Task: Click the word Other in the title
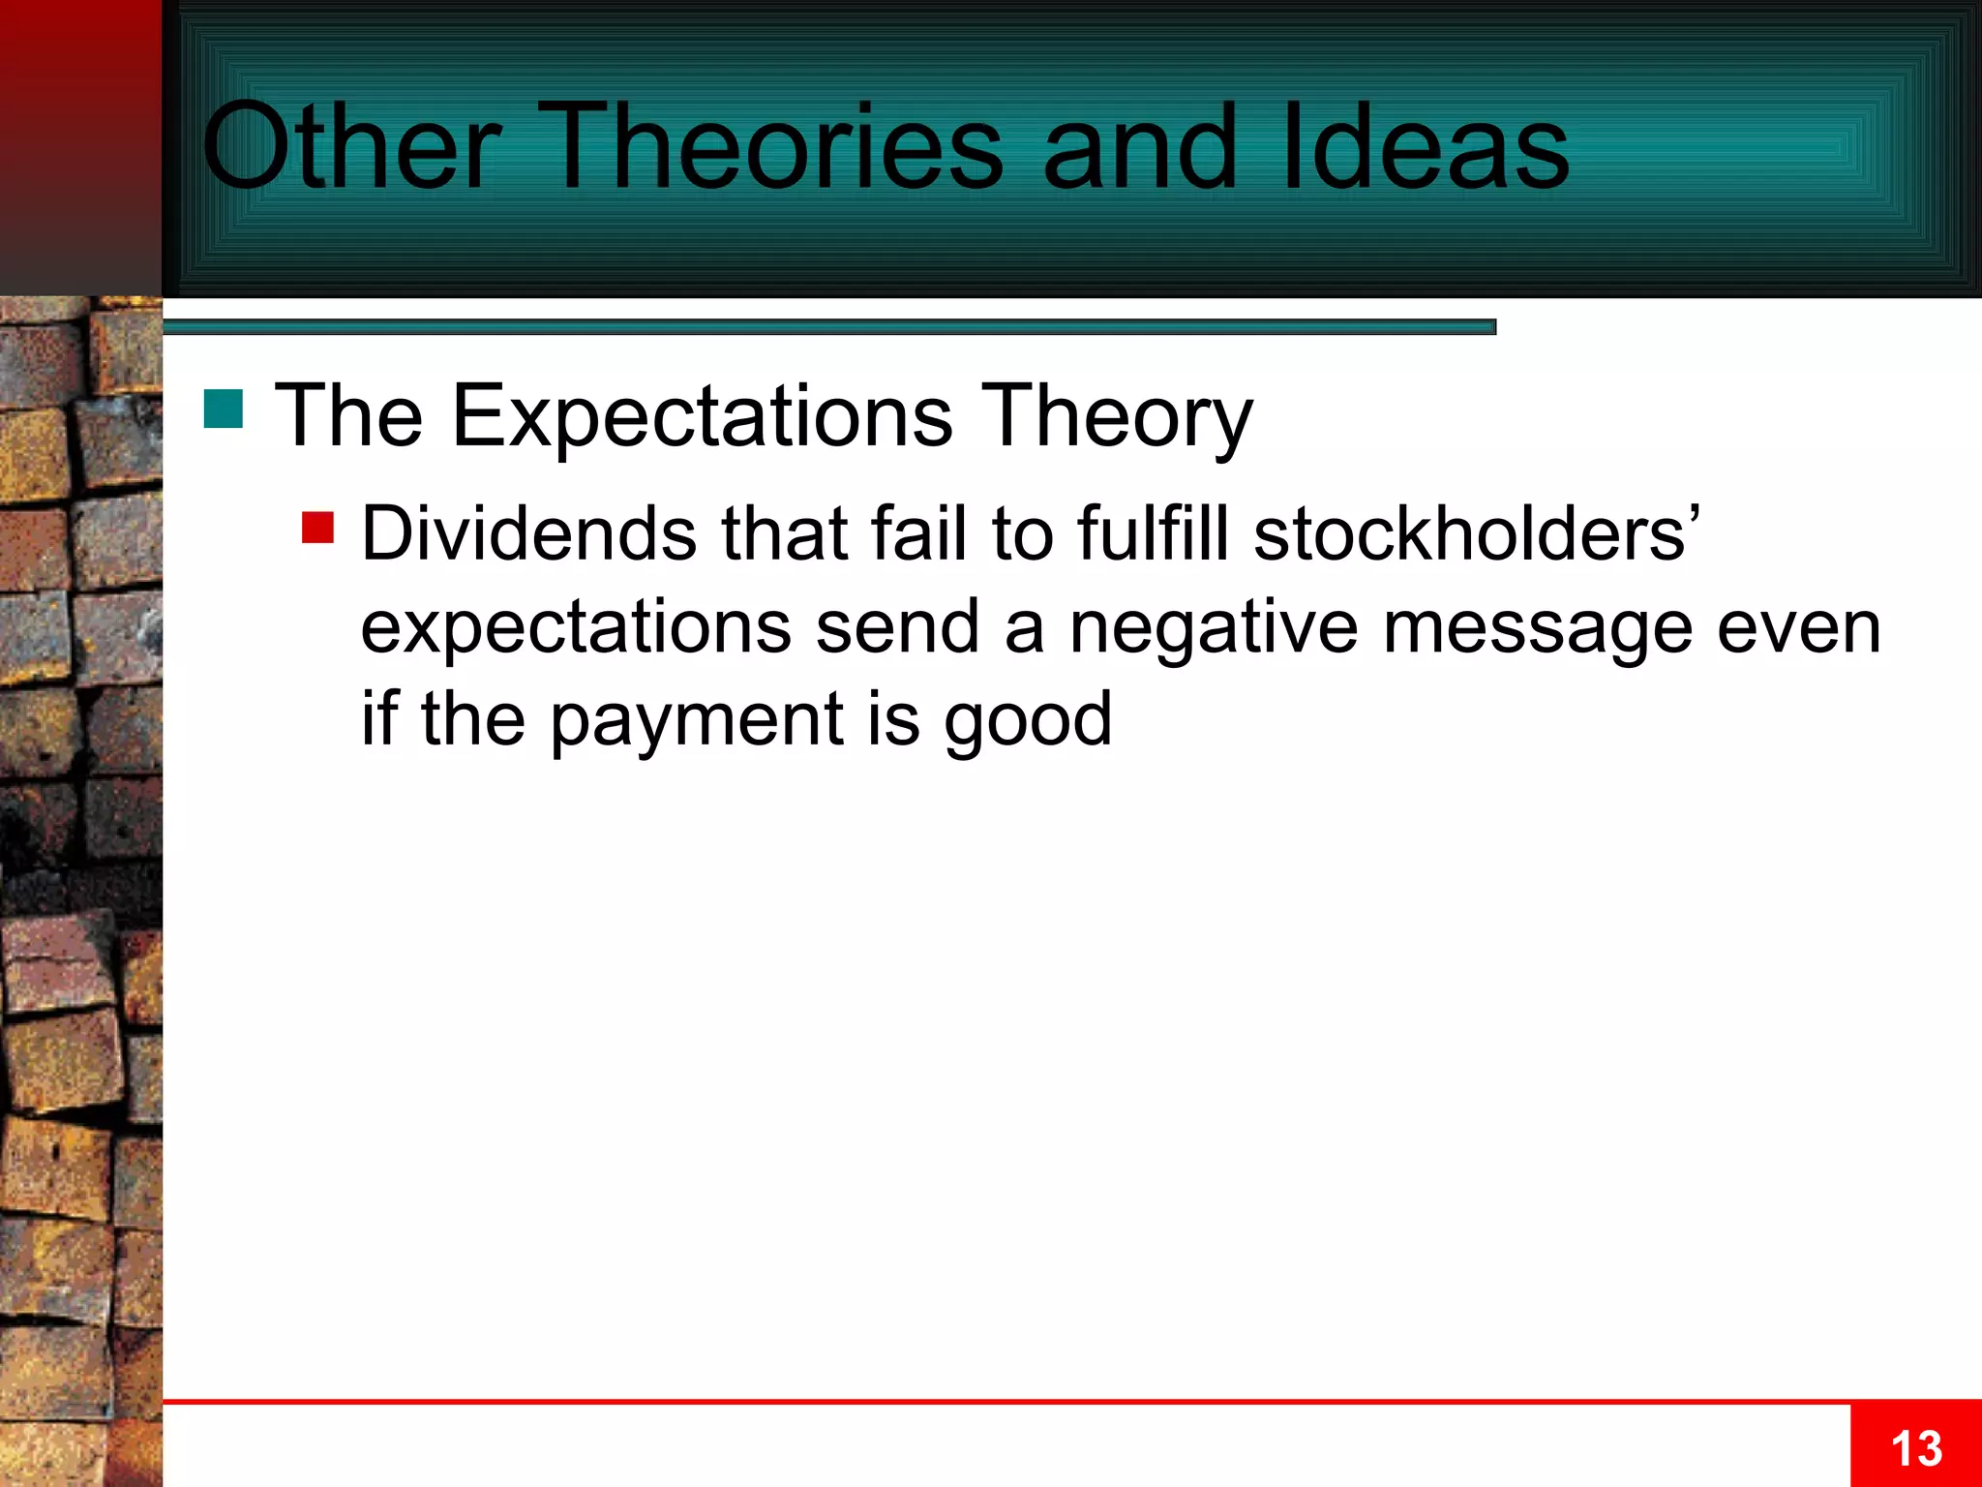pyautogui.click(x=350, y=147)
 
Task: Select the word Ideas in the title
pyautogui.click(x=1425, y=147)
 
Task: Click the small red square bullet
pyautogui.click(x=317, y=528)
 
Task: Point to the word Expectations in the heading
pyautogui.click(x=702, y=416)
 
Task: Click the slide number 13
pyautogui.click(x=1915, y=1449)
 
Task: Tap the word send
pyautogui.click(x=897, y=627)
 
